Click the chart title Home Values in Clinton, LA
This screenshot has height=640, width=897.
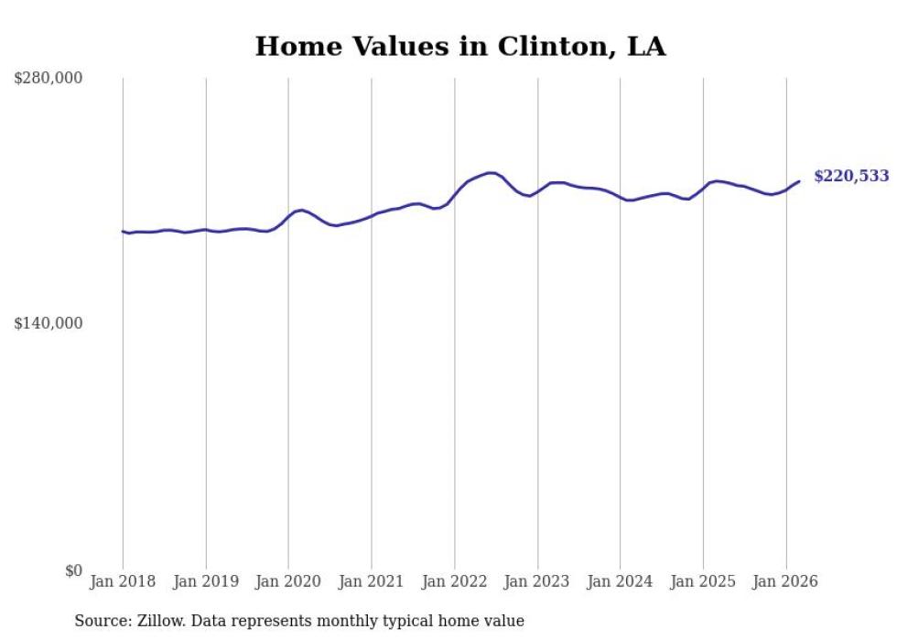click(460, 47)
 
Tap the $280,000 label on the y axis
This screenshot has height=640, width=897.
click(49, 79)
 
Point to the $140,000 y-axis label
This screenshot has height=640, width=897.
click(49, 324)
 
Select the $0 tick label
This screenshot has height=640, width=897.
click(73, 570)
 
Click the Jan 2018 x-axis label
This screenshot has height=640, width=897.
click(123, 581)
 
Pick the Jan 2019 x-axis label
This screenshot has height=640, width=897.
click(205, 581)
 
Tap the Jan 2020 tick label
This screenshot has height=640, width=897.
click(288, 581)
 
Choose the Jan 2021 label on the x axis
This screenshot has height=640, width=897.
click(371, 581)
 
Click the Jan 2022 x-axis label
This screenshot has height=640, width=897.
click(454, 581)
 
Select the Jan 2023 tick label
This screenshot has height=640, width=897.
click(536, 581)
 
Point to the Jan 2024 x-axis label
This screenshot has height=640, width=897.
click(620, 581)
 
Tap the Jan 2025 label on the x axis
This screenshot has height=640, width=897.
click(703, 581)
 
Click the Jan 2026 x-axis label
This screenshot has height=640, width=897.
click(785, 581)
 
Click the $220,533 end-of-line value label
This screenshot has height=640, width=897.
click(850, 176)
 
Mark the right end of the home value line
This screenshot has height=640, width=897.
click(799, 181)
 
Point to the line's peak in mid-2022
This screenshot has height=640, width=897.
click(491, 172)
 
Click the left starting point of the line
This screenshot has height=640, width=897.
click(123, 231)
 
